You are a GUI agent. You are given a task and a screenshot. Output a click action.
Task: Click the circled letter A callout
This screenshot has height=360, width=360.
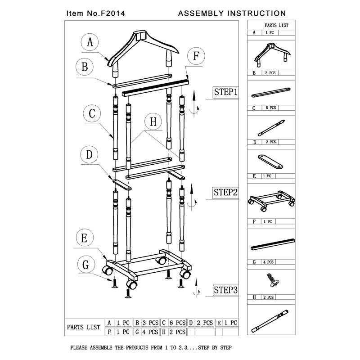90,43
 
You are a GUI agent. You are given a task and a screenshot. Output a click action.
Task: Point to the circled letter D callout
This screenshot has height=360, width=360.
90,155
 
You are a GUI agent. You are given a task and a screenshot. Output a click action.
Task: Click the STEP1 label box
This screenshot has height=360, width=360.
225,92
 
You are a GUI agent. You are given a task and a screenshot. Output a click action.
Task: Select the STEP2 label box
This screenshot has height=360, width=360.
225,192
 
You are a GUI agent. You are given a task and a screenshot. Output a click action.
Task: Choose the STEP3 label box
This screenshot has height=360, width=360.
225,290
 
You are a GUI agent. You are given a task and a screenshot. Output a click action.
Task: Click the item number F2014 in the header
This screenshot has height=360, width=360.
105,13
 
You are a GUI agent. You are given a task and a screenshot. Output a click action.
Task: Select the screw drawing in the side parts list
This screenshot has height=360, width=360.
271,279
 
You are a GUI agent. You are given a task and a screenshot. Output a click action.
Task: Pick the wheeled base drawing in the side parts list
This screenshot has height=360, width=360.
271,201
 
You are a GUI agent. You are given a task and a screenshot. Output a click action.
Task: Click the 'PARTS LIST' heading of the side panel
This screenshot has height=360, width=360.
276,26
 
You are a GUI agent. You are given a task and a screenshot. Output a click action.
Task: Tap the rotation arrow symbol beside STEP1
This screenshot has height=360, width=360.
194,103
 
